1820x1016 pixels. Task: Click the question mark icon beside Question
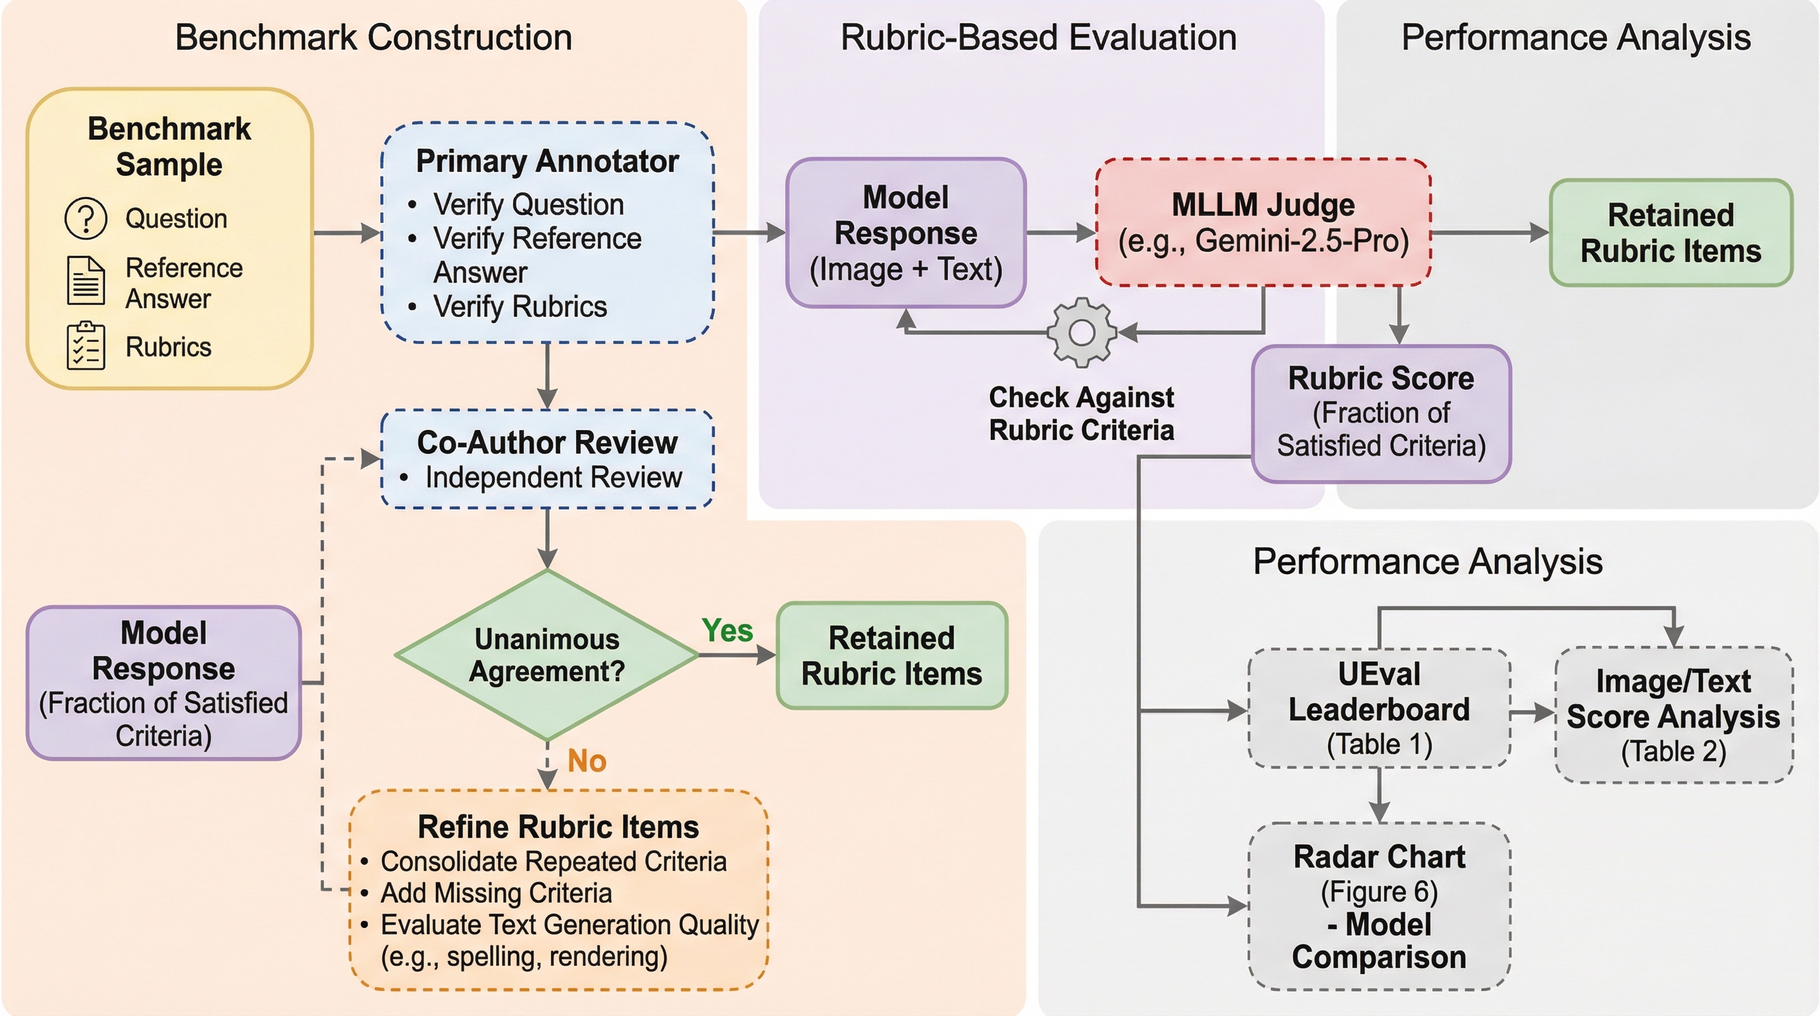tap(85, 218)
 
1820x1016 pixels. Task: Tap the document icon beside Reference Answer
tap(85, 280)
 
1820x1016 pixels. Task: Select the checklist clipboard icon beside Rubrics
tap(85, 346)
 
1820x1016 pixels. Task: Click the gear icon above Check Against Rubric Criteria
tap(1081, 332)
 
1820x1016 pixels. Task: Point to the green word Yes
tap(727, 630)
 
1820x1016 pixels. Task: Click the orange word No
tap(587, 761)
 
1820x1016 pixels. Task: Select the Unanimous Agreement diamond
tap(547, 655)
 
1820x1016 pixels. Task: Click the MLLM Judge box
tap(1262, 222)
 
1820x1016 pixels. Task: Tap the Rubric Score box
tap(1381, 413)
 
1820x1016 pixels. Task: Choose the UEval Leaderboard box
tap(1378, 708)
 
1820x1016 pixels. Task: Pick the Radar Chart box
tap(1378, 906)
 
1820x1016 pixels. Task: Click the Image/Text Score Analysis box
tap(1673, 715)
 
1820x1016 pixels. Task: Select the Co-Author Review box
tap(547, 458)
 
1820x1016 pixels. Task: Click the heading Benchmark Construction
tap(373, 38)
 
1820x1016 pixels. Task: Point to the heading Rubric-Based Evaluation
tap(1038, 38)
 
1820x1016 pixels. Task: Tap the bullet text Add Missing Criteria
tap(496, 893)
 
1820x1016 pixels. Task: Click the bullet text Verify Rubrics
tap(520, 307)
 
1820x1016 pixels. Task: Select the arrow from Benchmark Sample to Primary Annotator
tap(346, 232)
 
